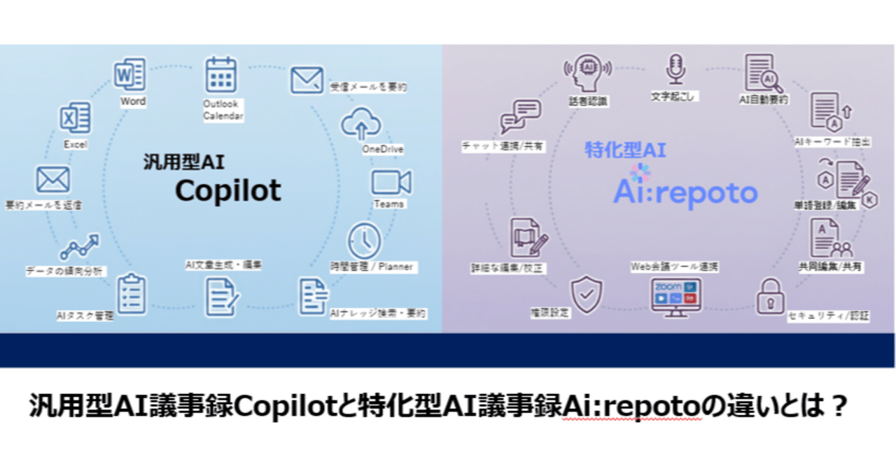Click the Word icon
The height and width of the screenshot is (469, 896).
[x=130, y=74]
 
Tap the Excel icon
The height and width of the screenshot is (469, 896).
[x=75, y=118]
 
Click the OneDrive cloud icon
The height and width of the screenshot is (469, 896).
[x=361, y=125]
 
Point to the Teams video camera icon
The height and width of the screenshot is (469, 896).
[x=391, y=182]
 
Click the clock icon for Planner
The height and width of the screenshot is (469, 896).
[x=365, y=241]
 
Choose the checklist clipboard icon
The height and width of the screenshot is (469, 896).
[x=132, y=293]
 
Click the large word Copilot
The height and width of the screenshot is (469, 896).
[x=228, y=190]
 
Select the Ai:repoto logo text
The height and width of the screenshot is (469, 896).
[x=685, y=193]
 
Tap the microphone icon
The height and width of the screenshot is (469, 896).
[x=675, y=70]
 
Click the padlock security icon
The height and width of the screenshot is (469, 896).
[x=770, y=297]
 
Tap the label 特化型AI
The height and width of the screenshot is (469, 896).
[x=625, y=149]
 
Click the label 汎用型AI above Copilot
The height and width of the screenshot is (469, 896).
[x=180, y=164]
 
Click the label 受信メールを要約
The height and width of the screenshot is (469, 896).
[x=369, y=87]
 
